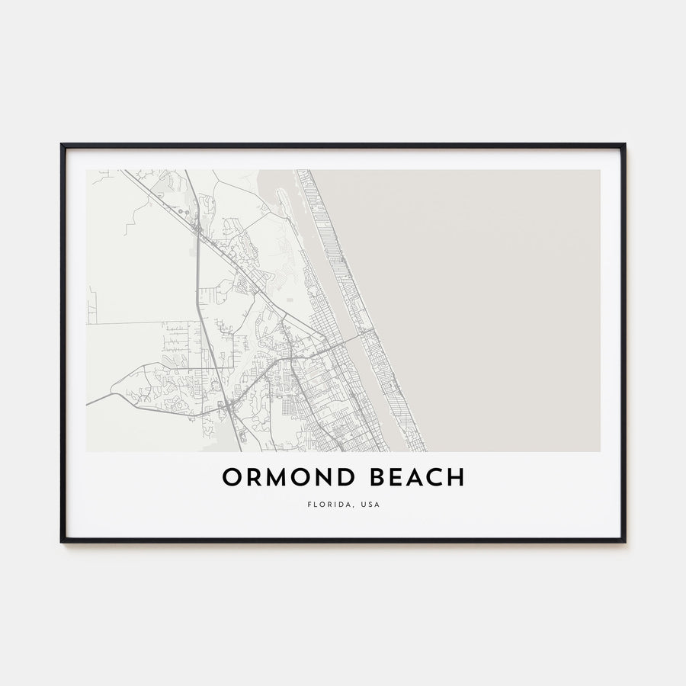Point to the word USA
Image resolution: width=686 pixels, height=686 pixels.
(x=370, y=505)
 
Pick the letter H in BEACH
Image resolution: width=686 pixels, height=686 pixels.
(x=455, y=478)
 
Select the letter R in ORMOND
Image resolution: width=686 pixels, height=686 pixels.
(x=252, y=478)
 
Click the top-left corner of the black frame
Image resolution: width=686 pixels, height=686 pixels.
(x=62, y=144)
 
